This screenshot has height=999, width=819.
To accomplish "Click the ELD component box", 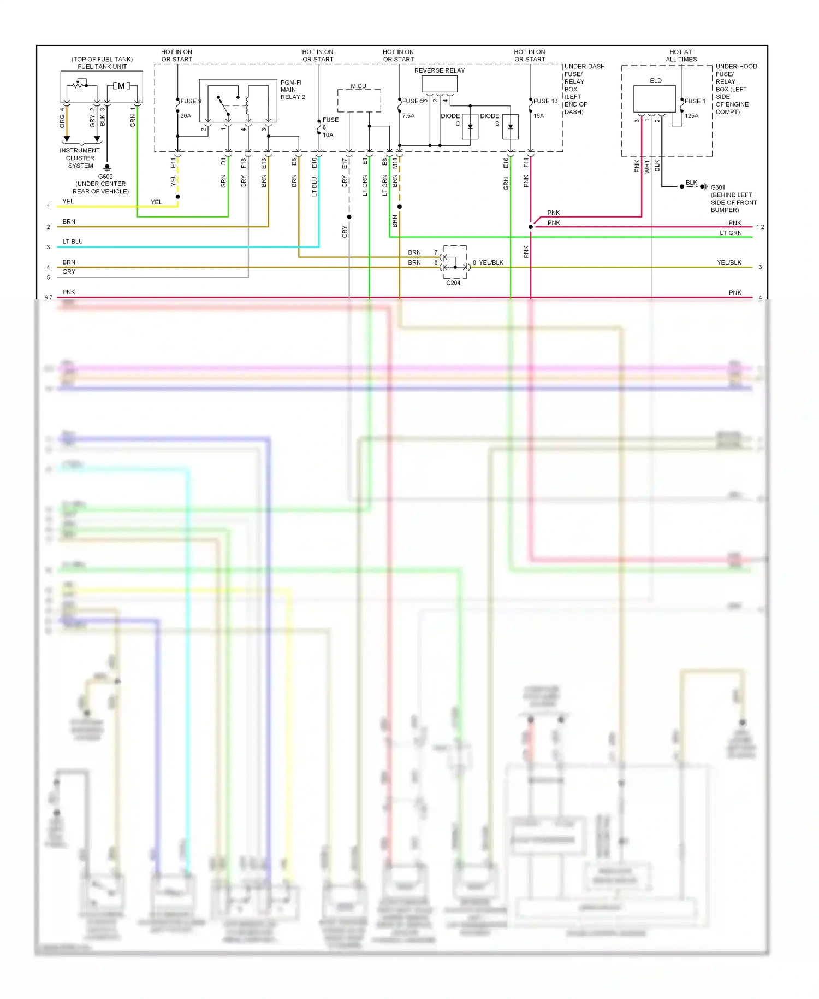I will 654,99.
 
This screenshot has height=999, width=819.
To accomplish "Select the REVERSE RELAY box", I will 439,84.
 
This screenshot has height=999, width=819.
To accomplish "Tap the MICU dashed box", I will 359,101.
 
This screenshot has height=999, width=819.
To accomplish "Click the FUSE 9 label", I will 191,101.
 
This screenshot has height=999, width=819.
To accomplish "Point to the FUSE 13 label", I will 545,101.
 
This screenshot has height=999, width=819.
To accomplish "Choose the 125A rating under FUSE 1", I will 691,116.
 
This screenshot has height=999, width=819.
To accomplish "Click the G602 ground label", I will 105,177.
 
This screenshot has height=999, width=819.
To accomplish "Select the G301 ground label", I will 718,187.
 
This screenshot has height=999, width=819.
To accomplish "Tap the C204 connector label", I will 453,283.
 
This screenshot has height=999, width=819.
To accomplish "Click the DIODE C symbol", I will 470,127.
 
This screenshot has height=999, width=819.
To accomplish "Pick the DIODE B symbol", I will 510,127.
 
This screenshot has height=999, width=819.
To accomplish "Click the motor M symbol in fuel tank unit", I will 121,86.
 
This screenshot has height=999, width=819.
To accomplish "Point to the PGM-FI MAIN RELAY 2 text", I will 292,90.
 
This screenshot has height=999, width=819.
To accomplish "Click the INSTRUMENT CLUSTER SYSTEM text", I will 80,158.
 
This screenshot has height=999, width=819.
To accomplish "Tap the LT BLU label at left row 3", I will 73,242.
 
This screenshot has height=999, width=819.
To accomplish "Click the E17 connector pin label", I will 344,163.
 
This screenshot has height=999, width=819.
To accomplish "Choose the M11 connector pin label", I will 395,163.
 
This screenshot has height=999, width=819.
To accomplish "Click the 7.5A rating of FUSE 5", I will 408,116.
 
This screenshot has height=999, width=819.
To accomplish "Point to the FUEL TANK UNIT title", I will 102,67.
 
